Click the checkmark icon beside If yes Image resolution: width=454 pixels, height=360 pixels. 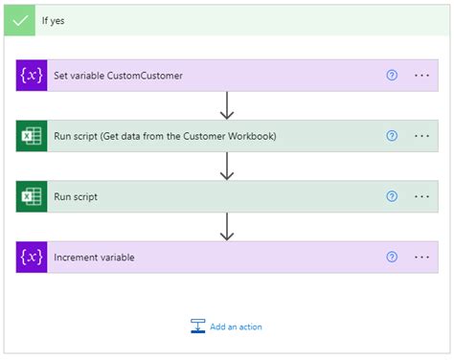19,20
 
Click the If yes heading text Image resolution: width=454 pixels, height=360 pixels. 55,20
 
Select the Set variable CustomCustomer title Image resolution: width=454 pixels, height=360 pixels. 118,76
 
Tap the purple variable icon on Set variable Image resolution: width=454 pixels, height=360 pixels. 32,76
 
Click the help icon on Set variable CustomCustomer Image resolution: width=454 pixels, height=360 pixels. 392,76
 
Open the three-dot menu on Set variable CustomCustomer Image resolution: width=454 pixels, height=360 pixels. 422,76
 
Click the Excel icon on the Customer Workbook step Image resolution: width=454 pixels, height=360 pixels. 32,136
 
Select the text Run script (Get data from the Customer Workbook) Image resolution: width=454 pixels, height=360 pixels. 165,136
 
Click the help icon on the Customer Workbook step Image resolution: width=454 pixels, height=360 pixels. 392,136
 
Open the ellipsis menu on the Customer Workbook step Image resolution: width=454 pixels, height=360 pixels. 422,136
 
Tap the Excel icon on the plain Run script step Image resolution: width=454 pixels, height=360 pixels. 32,196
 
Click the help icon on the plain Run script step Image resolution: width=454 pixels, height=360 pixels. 392,196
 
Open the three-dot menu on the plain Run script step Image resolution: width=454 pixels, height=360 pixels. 422,196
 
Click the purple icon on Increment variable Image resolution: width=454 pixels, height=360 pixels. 32,257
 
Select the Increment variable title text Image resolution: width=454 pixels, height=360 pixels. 94,257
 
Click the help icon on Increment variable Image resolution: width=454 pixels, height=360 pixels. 392,257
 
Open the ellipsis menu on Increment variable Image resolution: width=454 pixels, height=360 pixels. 422,257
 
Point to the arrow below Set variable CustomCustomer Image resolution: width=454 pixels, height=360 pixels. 227,105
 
